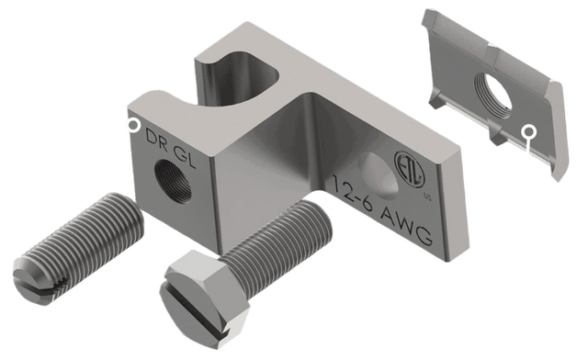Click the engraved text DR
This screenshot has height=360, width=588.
[x=156, y=141]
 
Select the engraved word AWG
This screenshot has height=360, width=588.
[x=406, y=226]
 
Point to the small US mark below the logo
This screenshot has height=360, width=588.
[x=427, y=196]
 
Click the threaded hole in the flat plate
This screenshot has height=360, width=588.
[x=494, y=95]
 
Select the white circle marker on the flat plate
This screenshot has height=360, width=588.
[x=528, y=131]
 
